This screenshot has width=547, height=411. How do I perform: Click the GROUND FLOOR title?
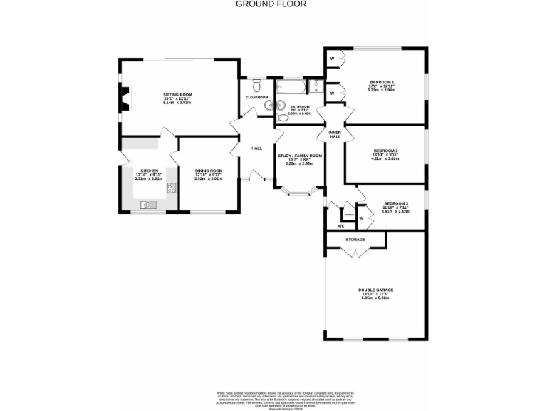tap(271, 4)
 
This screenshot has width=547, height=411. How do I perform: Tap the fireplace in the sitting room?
tap(125, 99)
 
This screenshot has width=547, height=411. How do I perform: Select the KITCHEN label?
tap(149, 171)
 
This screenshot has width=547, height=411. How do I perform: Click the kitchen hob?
tap(172, 188)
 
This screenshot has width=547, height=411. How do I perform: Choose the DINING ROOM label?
tap(209, 171)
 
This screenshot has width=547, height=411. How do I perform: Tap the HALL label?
tap(256, 148)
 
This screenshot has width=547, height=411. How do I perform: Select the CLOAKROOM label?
tap(256, 97)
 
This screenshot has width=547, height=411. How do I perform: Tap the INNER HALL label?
tap(335, 133)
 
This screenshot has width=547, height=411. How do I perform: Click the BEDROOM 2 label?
tap(385, 151)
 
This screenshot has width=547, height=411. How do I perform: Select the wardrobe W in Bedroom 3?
tap(361, 218)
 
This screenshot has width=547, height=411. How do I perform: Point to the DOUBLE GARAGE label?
tap(376, 290)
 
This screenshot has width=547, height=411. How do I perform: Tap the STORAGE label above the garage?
tap(355, 240)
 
